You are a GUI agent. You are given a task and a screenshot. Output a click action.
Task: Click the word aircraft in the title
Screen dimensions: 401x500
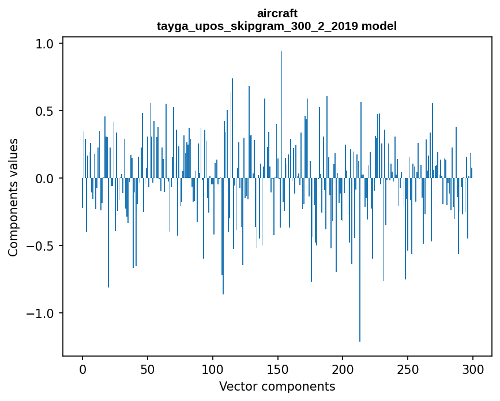pyautogui.click(x=277, y=13)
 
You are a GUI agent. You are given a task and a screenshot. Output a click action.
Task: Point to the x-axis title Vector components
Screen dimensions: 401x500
pyautogui.click(x=277, y=386)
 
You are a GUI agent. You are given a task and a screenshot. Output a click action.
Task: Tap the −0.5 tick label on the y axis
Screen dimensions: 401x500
pyautogui.click(x=40, y=246)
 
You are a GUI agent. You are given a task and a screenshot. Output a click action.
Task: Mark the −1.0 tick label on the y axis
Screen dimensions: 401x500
pyautogui.click(x=40, y=313)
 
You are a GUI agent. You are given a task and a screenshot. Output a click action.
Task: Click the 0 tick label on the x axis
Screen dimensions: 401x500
pyautogui.click(x=82, y=369)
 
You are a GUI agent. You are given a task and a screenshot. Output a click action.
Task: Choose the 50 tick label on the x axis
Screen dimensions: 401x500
pyautogui.click(x=148, y=369)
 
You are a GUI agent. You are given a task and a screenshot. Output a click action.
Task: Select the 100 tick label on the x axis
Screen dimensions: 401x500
pyautogui.click(x=213, y=369)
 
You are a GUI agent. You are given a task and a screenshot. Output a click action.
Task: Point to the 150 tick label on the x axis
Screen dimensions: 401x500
pyautogui.click(x=278, y=369)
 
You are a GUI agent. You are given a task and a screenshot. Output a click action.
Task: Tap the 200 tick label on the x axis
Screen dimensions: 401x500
pyautogui.click(x=343, y=369)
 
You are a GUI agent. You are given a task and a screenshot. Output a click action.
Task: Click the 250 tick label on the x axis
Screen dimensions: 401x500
pyautogui.click(x=408, y=369)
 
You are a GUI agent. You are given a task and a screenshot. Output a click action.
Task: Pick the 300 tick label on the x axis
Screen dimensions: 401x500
pyautogui.click(x=473, y=369)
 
